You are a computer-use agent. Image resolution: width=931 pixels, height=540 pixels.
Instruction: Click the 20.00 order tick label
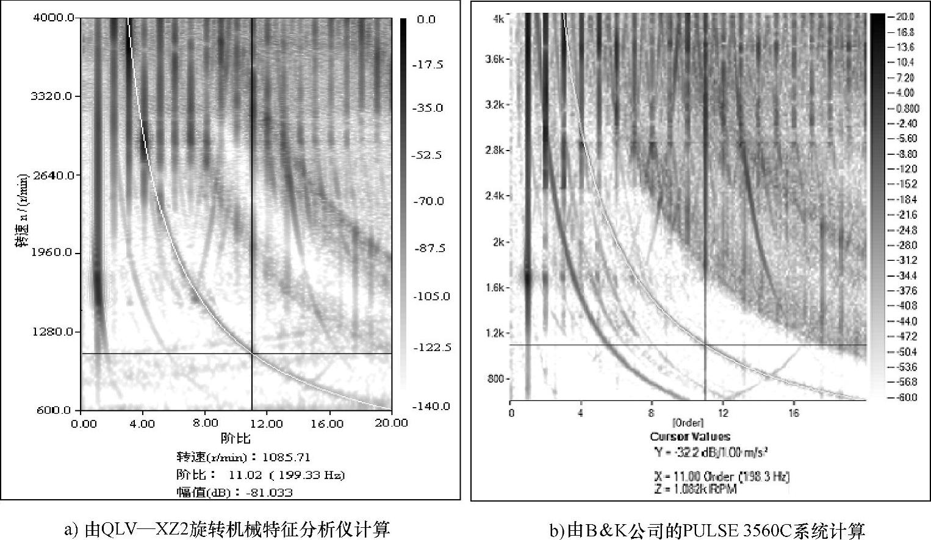[x=392, y=424]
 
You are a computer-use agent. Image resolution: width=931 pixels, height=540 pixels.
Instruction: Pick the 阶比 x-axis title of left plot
[x=236, y=438]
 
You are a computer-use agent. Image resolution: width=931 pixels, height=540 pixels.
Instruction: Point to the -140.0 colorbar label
[x=431, y=407]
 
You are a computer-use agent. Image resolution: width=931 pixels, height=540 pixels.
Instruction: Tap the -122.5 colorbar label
[x=431, y=347]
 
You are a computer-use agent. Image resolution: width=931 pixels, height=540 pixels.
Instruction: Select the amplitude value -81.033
[x=268, y=492]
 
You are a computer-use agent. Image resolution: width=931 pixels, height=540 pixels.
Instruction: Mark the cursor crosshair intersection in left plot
[x=252, y=353]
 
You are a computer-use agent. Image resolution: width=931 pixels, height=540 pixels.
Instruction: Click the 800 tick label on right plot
[x=496, y=378]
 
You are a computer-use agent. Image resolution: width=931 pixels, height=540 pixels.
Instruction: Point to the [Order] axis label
[x=688, y=422]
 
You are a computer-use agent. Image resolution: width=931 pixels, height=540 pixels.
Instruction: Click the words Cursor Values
[x=690, y=436]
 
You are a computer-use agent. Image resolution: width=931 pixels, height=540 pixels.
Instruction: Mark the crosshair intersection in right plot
[x=705, y=345]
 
